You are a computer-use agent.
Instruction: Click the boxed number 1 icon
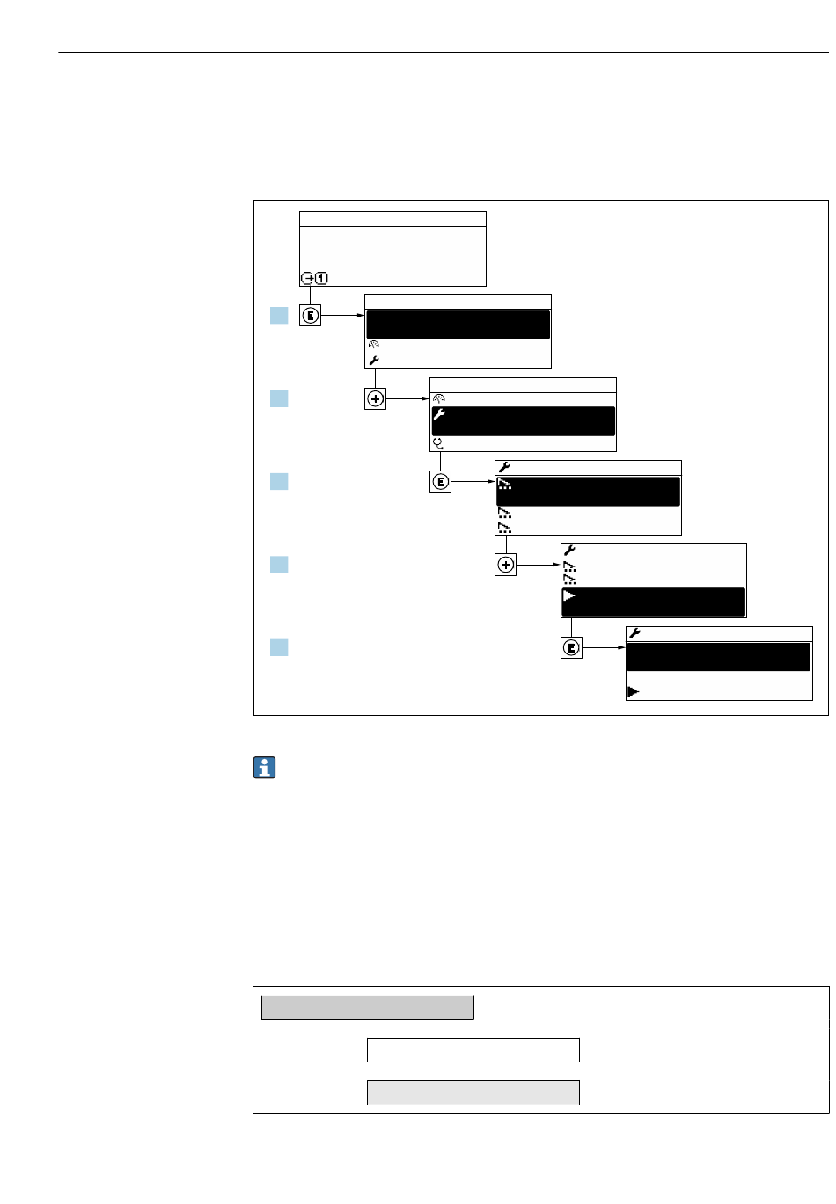(321, 279)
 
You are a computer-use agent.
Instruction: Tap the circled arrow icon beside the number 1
(307, 279)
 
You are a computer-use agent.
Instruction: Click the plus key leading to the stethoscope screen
(375, 399)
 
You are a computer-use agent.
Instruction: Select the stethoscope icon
(437, 443)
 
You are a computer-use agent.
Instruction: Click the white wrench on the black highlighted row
(439, 414)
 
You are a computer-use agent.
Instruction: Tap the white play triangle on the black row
(569, 596)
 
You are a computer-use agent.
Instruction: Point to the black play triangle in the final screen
(633, 692)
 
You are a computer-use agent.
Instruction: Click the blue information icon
(264, 768)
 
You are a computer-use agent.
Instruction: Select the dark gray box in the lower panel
(367, 1008)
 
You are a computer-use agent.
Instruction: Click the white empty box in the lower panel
(473, 1050)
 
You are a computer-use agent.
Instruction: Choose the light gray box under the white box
(473, 1092)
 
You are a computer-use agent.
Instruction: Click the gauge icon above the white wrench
(438, 398)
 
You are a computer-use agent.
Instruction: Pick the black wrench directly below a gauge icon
(373, 361)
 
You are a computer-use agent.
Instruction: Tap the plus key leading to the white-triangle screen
(505, 566)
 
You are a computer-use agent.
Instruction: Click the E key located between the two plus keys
(440, 482)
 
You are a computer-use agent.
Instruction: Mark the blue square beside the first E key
(279, 315)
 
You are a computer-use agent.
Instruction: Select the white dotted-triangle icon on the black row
(504, 485)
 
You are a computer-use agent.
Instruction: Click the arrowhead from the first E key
(361, 315)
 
